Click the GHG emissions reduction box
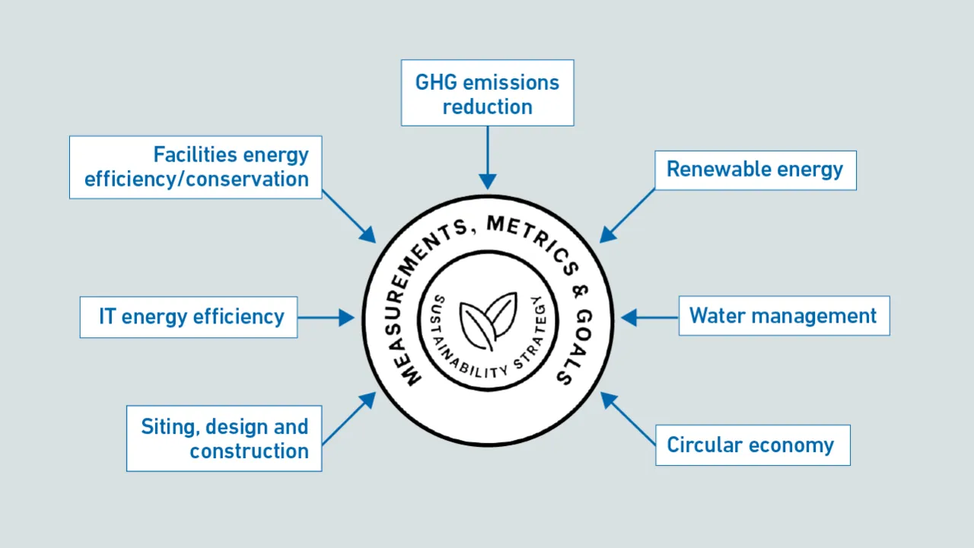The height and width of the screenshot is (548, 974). pos(487,93)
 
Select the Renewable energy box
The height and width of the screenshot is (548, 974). pos(755,170)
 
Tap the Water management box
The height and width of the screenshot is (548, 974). pos(784,316)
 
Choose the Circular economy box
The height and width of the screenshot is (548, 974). pos(752,445)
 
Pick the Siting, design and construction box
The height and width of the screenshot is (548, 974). pos(224,438)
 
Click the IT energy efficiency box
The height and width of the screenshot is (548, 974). pos(189,317)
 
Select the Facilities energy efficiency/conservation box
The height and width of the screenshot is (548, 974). pos(196,167)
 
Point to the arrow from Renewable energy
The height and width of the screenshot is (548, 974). pos(628,215)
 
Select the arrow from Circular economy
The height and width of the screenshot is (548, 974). pos(628,419)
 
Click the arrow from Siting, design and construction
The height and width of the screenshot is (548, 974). pos(349,419)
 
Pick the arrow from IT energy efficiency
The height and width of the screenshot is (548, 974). pos(326,317)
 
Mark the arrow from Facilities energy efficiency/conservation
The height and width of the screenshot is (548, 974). pos(349,216)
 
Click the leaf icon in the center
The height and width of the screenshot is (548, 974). pos(488,320)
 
